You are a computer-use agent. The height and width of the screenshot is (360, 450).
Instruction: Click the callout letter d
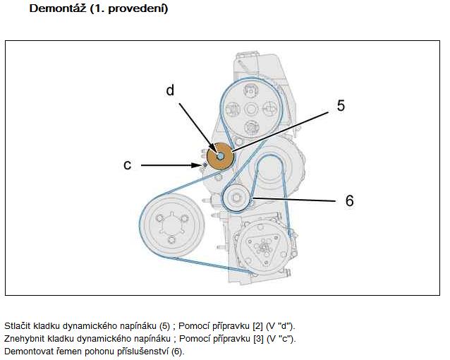[170, 90]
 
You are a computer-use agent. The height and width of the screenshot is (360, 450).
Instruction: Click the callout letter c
[127, 165]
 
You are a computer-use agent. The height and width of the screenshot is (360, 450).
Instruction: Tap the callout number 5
[341, 105]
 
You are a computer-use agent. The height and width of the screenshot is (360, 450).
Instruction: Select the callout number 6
[349, 200]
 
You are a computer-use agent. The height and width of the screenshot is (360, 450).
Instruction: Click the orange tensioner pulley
[220, 156]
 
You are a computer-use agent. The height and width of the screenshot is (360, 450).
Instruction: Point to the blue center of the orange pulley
[220, 156]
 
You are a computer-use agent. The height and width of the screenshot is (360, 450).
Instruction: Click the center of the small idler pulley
[236, 198]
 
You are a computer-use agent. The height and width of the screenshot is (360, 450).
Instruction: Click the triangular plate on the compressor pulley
[263, 248]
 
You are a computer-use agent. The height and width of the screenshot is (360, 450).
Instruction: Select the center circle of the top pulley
[251, 109]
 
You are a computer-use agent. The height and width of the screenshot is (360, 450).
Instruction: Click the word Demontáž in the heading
[58, 8]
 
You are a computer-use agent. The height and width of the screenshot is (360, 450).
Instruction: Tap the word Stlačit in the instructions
[18, 326]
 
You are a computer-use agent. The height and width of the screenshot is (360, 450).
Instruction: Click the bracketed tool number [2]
[257, 326]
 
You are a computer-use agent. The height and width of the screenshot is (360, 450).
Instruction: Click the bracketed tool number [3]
[258, 339]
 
